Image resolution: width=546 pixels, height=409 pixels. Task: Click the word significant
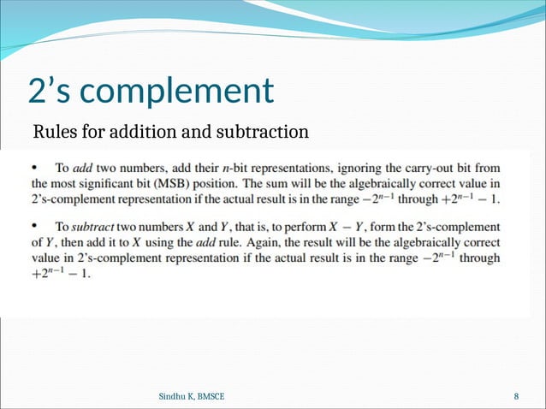click(x=110, y=183)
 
